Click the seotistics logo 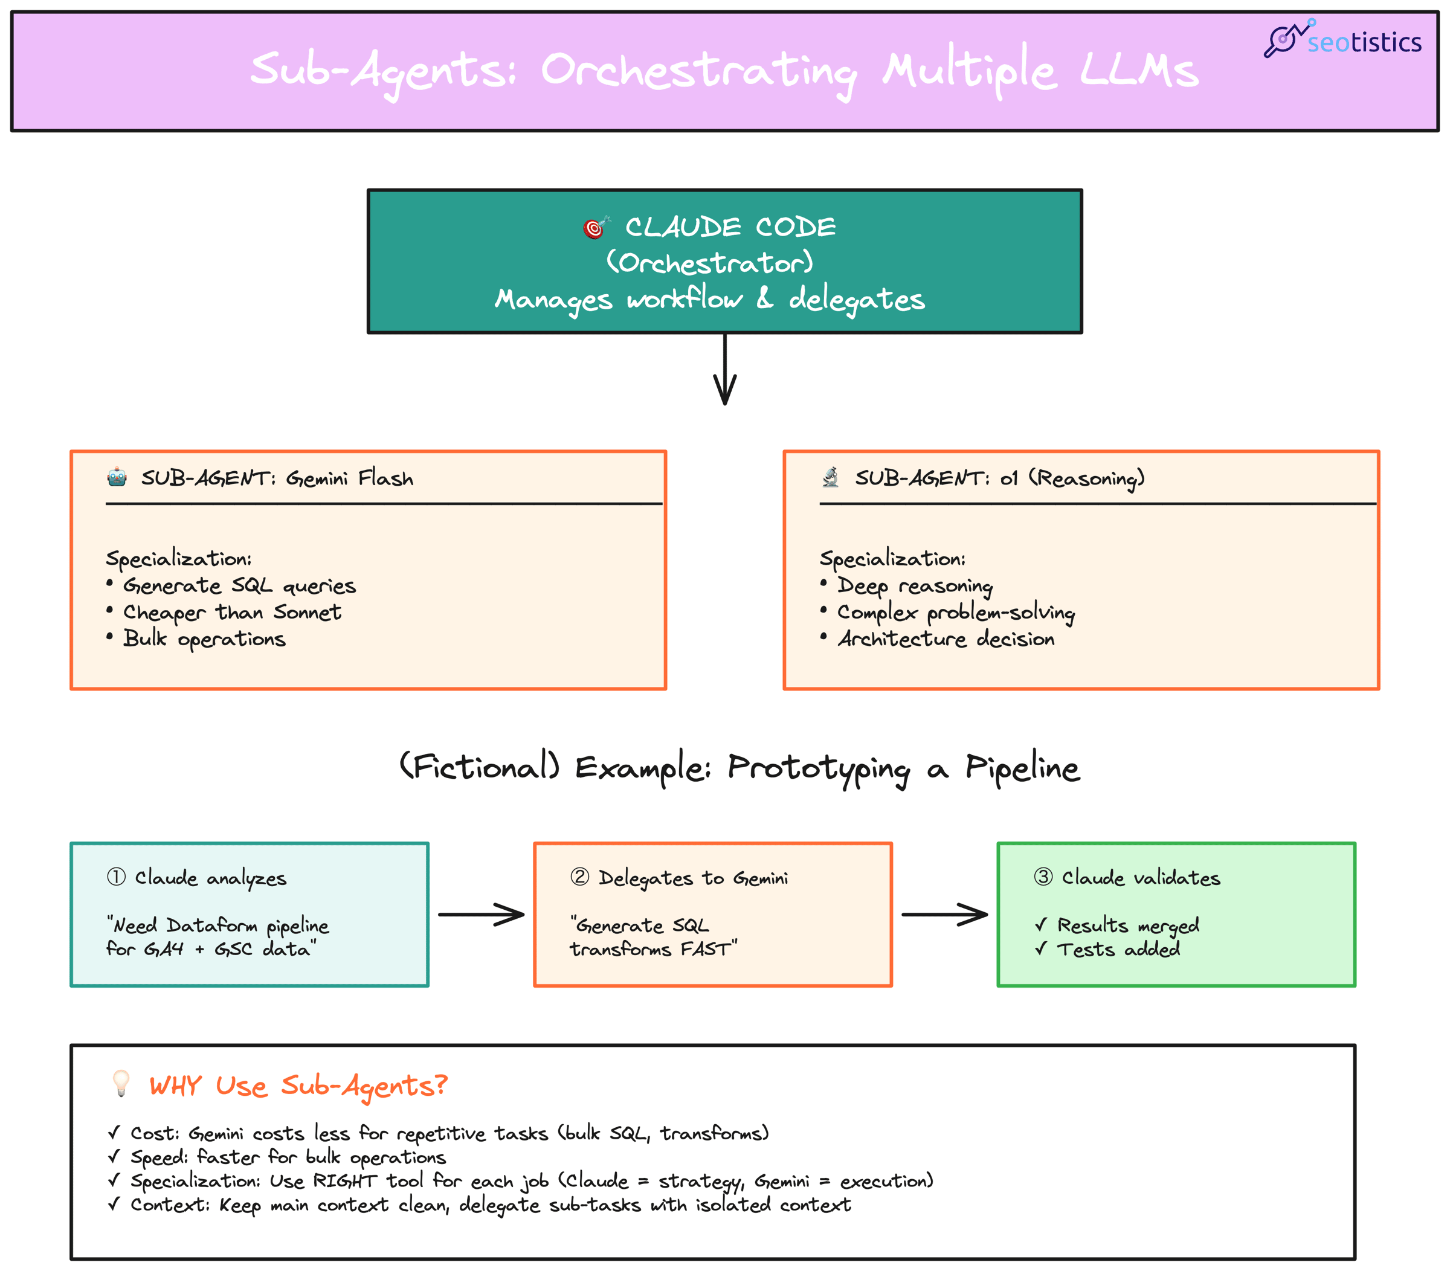(x=1342, y=40)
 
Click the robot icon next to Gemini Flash (x=117, y=477)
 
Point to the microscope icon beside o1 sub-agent (x=831, y=477)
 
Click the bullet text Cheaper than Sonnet (x=231, y=612)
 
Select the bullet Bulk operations (x=204, y=639)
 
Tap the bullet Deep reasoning (x=915, y=586)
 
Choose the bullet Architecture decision (x=946, y=639)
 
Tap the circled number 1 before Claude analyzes (x=117, y=877)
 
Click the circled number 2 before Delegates (x=579, y=877)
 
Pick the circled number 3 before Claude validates (x=1043, y=877)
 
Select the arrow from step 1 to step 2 (x=481, y=914)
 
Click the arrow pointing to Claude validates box (x=944, y=914)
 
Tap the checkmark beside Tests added (x=1041, y=949)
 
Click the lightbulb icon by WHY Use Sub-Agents (x=121, y=1083)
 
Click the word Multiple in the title (x=970, y=71)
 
